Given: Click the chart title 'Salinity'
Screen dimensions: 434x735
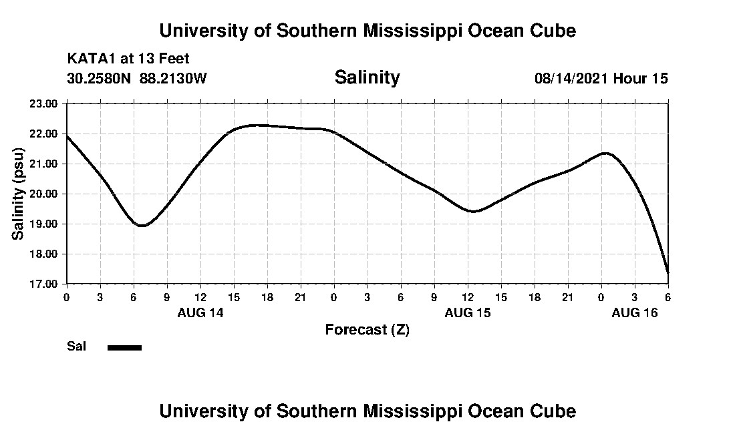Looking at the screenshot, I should pyautogui.click(x=367, y=77).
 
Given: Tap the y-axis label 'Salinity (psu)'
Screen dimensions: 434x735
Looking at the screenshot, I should pyautogui.click(x=19, y=194).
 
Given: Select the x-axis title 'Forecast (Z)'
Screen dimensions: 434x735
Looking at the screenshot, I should pyautogui.click(x=367, y=330).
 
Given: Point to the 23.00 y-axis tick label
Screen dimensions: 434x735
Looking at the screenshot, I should pyautogui.click(x=45, y=103).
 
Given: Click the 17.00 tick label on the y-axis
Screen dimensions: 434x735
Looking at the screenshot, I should pyautogui.click(x=45, y=284).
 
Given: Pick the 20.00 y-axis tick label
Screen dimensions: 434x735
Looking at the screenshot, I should pyautogui.click(x=45, y=194).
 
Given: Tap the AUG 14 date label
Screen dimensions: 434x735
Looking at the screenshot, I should pyautogui.click(x=200, y=312).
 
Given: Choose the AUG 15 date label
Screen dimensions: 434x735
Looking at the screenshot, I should pyautogui.click(x=468, y=312).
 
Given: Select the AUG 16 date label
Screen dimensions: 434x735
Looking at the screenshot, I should pyautogui.click(x=635, y=312).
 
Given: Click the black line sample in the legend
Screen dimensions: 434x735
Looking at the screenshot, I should pyautogui.click(x=125, y=347).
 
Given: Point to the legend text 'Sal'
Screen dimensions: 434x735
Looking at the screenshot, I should pyautogui.click(x=76, y=347).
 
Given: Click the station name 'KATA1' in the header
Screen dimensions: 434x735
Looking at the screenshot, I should pyautogui.click(x=92, y=59).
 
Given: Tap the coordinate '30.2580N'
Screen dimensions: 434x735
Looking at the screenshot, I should pyautogui.click(x=100, y=79).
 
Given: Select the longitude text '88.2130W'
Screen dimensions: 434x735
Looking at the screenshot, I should pyautogui.click(x=174, y=79).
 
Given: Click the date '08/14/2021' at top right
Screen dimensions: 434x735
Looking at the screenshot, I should pyautogui.click(x=571, y=79).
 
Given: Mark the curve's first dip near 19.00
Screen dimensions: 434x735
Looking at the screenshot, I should pyautogui.click(x=142, y=226).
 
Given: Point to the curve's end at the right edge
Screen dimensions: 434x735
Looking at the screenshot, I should pyautogui.click(x=668, y=272).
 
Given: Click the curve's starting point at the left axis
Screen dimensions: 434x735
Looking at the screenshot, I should pyautogui.click(x=67, y=136).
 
